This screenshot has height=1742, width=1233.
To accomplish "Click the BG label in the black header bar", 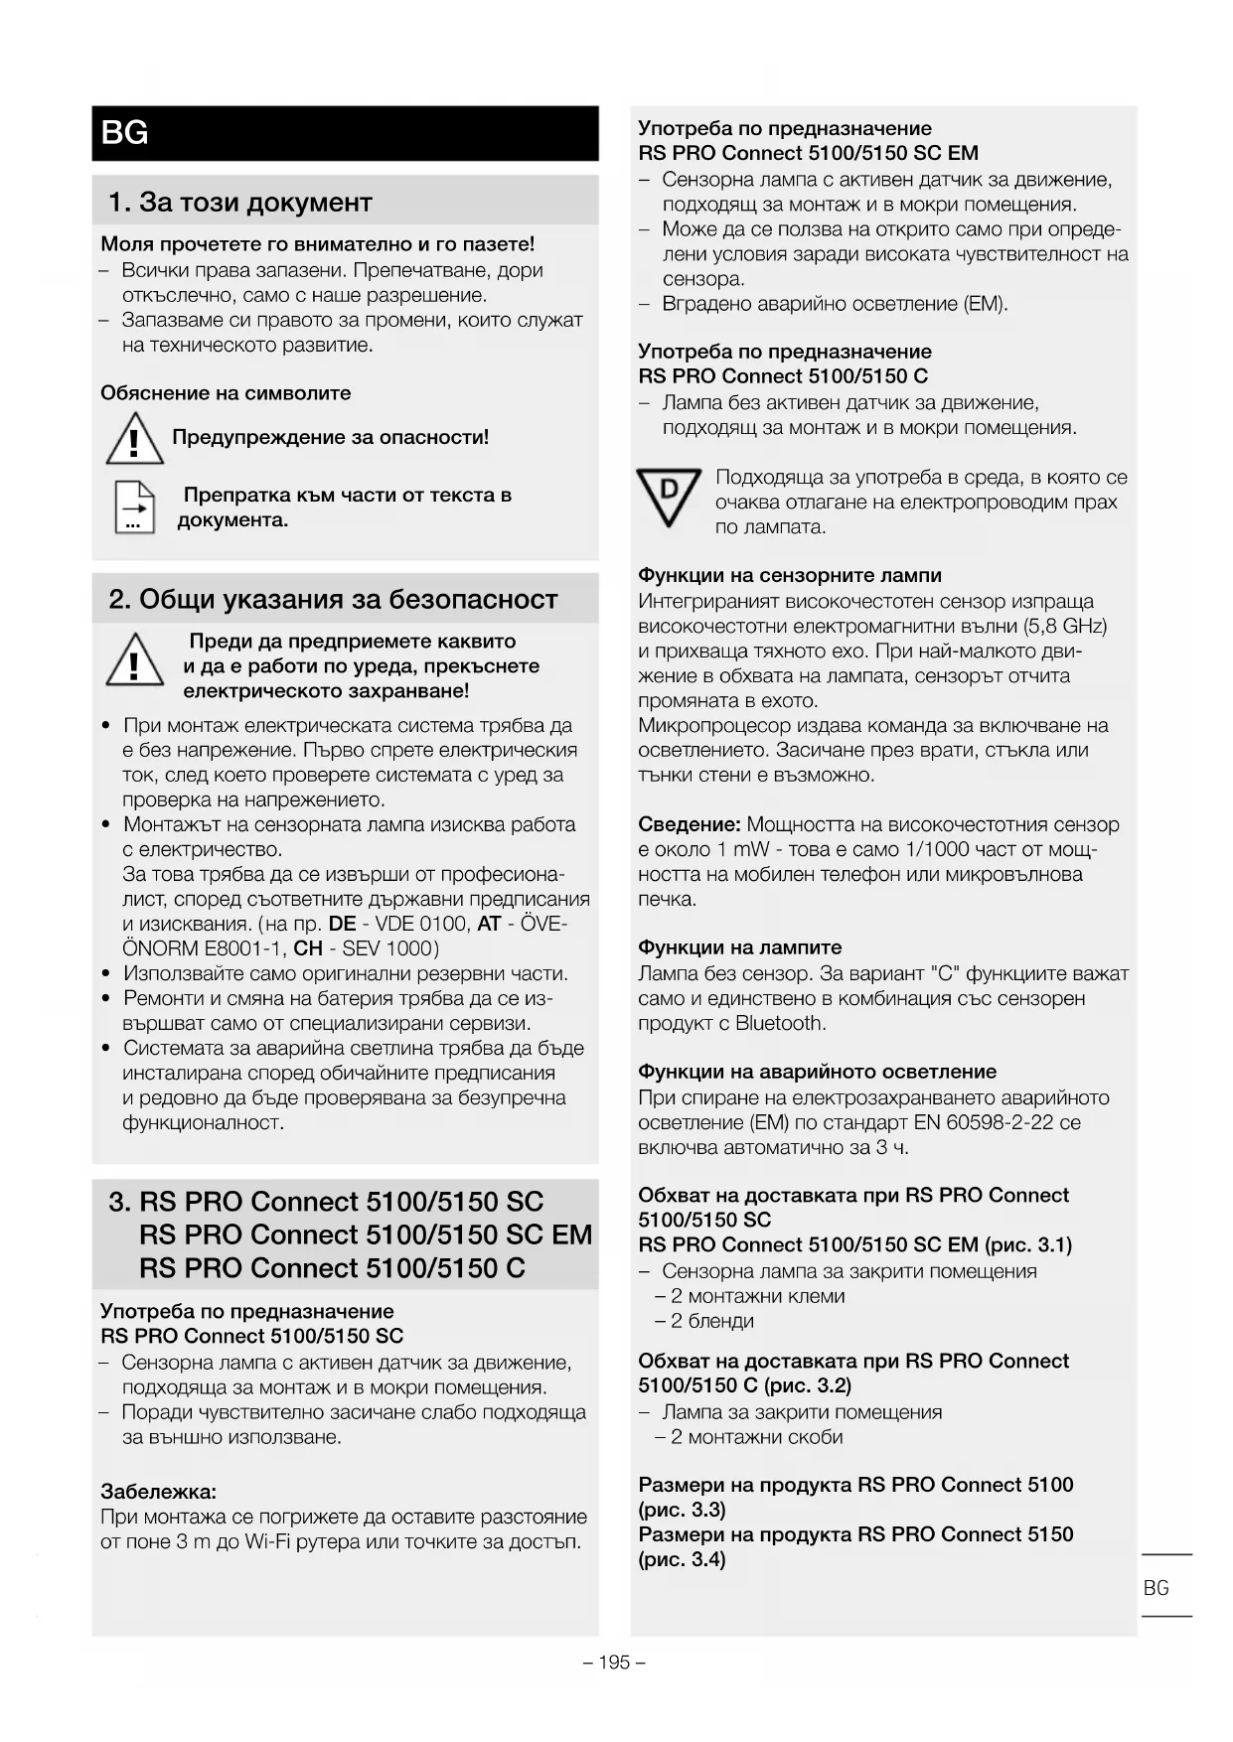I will coord(125,133).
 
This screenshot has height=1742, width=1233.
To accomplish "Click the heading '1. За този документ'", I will coord(239,203).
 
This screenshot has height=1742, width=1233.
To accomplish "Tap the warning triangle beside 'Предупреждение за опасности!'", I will coord(134,440).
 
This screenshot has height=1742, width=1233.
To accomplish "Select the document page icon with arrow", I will coord(134,507).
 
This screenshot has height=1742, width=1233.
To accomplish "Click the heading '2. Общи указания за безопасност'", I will coord(333,600).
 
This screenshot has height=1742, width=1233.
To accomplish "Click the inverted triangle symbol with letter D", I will coord(669,496).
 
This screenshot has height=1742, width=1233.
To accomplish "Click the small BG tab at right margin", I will coord(1156,1588).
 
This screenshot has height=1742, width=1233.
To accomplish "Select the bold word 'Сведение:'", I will coord(689,824).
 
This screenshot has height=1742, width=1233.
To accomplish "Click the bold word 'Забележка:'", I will coord(158,1492).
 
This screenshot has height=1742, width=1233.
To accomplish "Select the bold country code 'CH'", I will coord(308,949).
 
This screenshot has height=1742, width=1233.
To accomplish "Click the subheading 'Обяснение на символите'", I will coord(226,393).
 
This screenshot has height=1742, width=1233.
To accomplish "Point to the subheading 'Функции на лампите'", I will coord(739,948).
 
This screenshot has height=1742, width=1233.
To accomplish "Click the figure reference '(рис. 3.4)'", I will coord(682,1559).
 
